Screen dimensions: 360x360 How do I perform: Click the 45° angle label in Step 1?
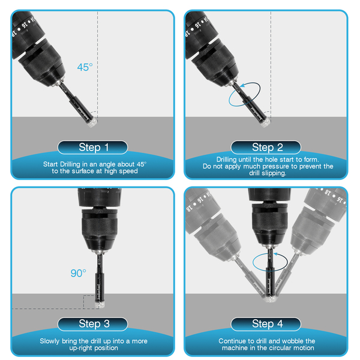point(85,67)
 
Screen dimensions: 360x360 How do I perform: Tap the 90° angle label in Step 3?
point(78,273)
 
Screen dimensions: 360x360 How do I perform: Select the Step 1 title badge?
point(92,148)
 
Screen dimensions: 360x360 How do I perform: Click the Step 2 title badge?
point(266,148)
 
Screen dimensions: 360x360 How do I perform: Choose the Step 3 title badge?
point(92,324)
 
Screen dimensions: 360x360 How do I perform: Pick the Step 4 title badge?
point(266,324)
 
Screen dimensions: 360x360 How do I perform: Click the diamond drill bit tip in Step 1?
point(92,122)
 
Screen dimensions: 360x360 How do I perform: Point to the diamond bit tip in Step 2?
point(265,122)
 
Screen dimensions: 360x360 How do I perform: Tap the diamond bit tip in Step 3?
point(100,305)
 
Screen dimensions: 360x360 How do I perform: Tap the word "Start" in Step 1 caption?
point(50,164)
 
